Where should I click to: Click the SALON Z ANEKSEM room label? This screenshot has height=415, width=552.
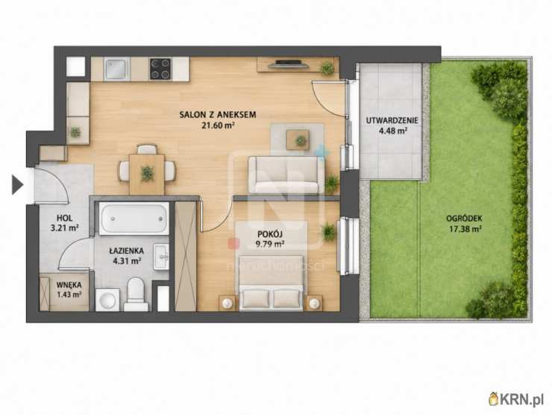point(218,114)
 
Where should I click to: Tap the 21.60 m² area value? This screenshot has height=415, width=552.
point(218,125)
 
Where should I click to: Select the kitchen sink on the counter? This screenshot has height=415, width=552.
point(117,69)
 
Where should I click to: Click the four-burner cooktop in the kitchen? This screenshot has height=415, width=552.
point(160,69)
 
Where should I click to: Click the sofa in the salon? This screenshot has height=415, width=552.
point(286,175)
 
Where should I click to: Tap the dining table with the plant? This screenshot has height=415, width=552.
point(147,174)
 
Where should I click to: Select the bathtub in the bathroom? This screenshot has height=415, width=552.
point(134,219)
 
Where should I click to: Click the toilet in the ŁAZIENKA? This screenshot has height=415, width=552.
point(136,294)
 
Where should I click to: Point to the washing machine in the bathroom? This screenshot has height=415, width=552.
point(107,300)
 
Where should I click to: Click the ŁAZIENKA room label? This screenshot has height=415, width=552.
point(126,251)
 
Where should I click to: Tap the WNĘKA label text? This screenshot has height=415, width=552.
point(69,284)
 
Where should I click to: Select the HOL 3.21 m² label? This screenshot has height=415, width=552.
point(64,223)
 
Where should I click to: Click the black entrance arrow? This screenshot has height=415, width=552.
point(17,185)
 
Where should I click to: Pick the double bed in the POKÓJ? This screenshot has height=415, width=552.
point(271,283)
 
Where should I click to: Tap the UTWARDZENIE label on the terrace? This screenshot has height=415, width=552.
point(392,120)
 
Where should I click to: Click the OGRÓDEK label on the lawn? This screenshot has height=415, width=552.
point(464,219)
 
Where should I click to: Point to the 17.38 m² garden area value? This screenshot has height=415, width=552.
point(465,229)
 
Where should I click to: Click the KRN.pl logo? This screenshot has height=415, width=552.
point(515,399)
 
